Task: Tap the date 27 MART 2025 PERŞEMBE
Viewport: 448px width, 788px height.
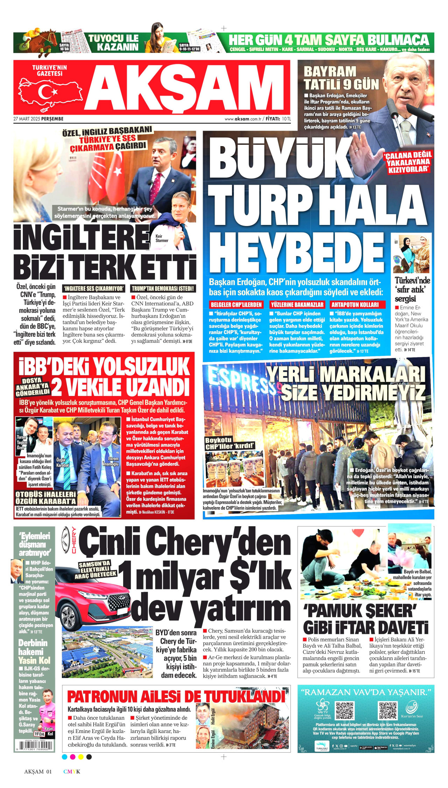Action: pos(38,119)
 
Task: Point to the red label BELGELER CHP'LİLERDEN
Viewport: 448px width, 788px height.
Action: pos(236,304)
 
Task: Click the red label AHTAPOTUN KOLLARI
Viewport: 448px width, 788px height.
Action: pos(355,304)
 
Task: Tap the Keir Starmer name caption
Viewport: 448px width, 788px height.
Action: pos(161,238)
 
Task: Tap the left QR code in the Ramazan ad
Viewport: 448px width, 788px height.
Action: pos(344,710)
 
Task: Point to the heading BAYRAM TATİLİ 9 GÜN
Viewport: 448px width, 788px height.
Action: pos(341,78)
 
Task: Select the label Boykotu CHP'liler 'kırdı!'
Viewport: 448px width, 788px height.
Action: pos(229,443)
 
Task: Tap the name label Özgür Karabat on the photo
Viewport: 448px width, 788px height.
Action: pos(63,462)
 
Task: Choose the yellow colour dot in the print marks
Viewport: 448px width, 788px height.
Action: pos(81,757)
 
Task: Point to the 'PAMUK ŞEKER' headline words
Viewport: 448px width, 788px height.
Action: pos(360,611)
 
